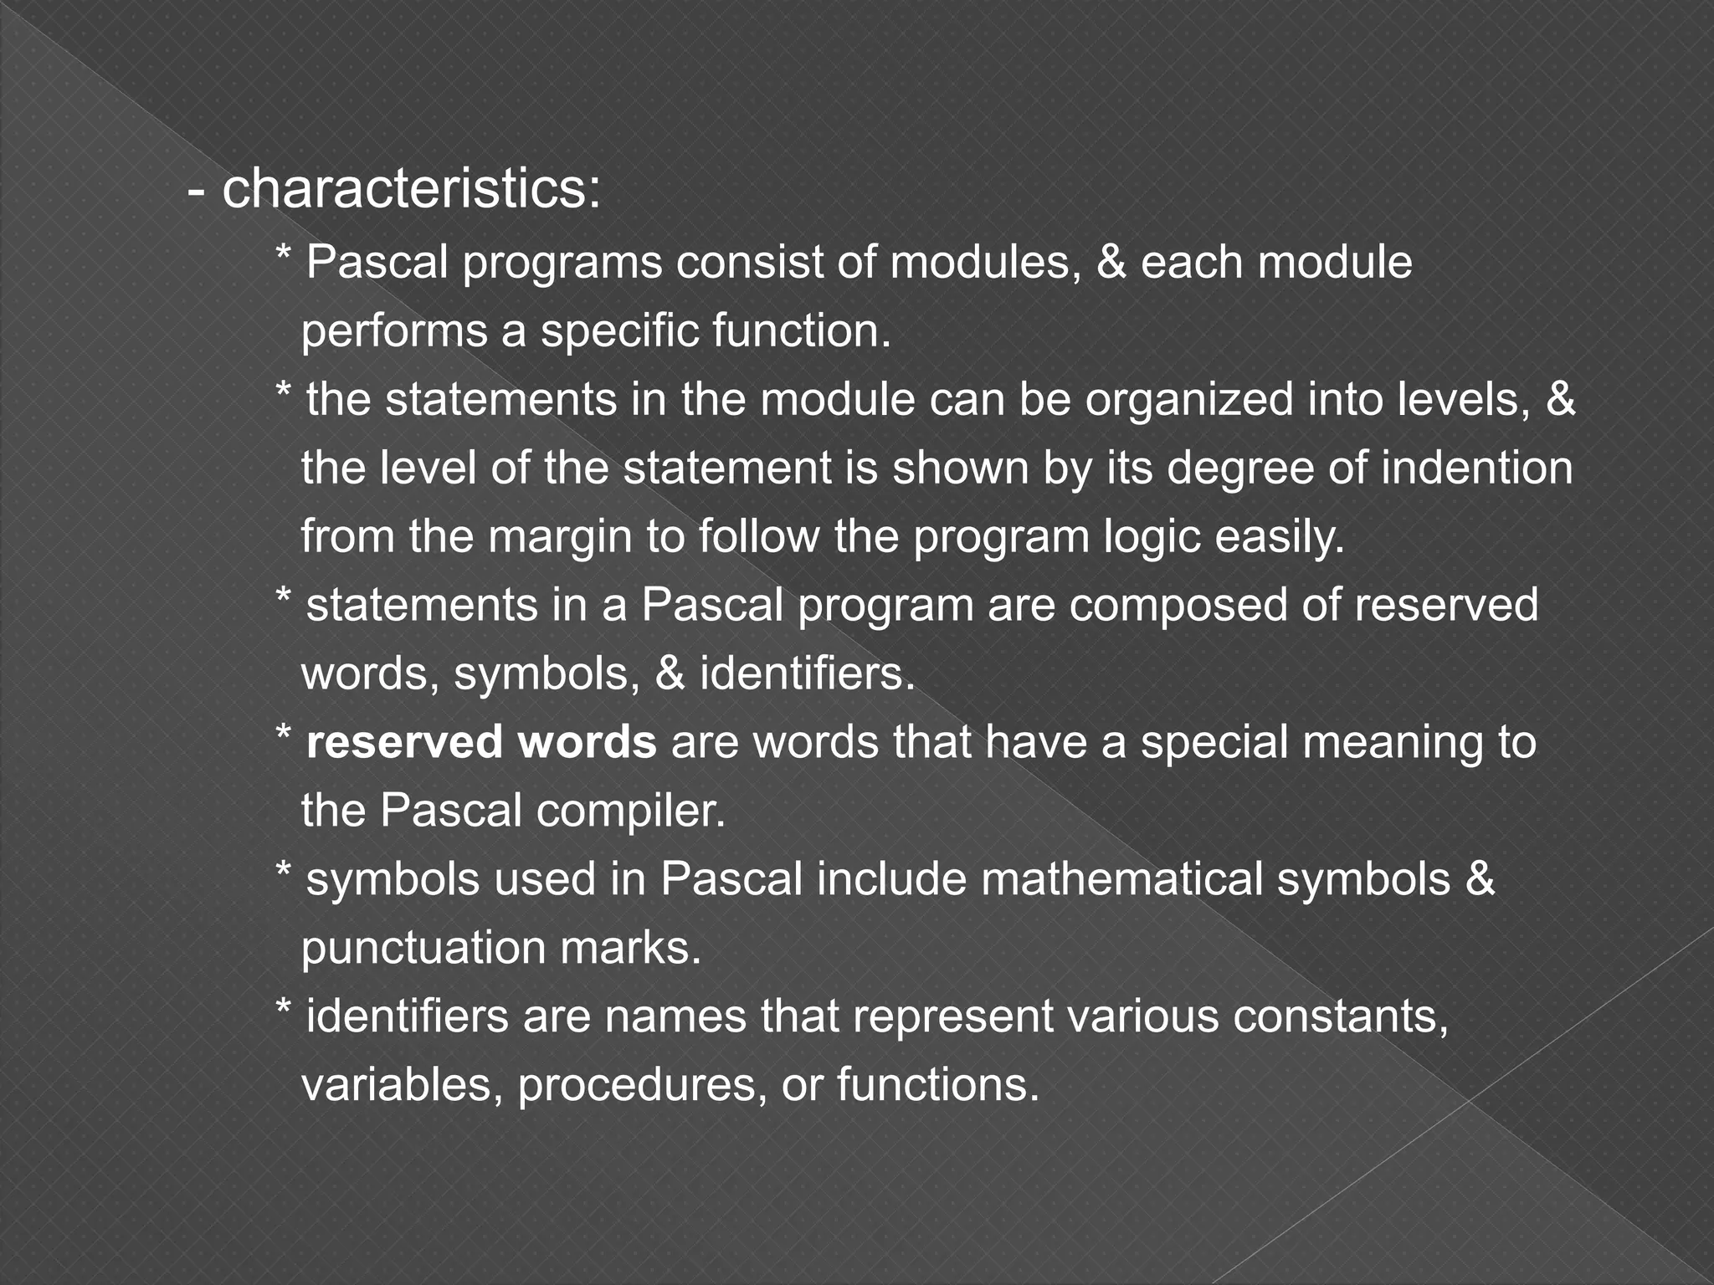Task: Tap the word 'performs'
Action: coord(393,332)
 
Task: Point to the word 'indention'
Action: coord(1476,468)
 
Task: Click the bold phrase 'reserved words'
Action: coord(481,742)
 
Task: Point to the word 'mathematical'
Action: coord(1121,879)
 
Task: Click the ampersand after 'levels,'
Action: coord(1561,400)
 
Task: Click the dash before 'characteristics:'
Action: coord(197,192)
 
